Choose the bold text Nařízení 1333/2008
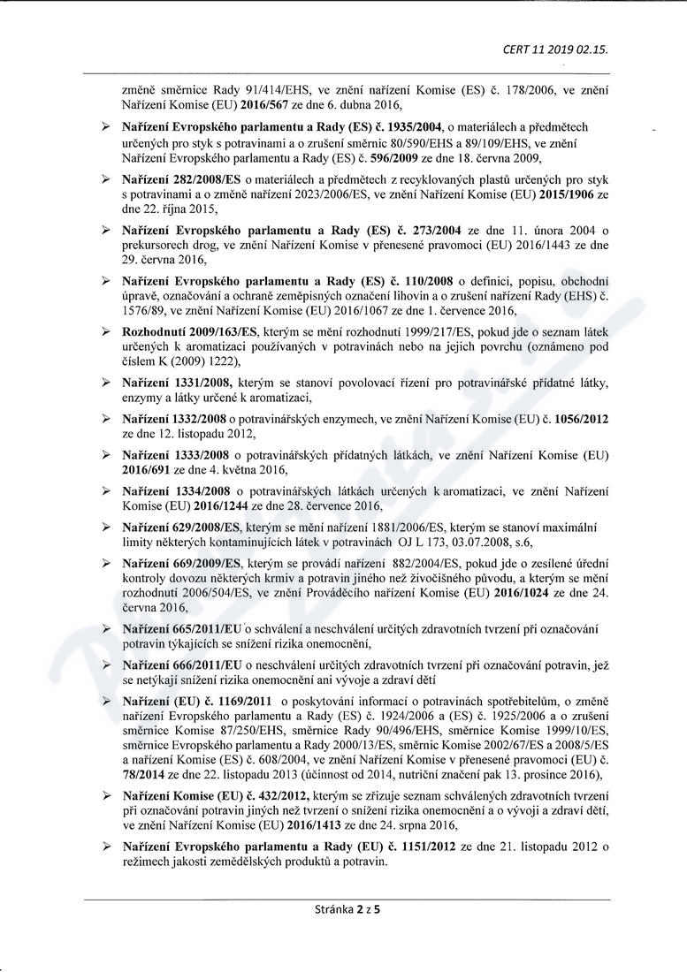coord(176,454)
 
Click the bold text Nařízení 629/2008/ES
coord(181,527)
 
